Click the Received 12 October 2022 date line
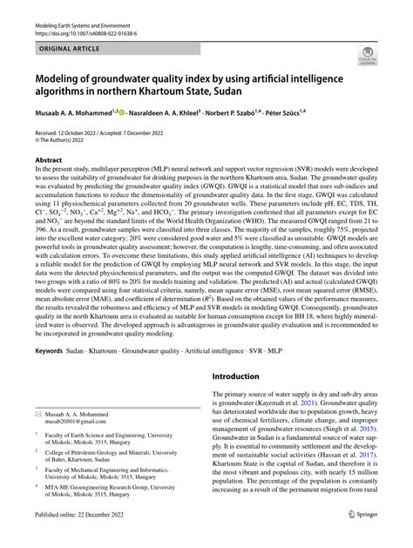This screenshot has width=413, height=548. pyautogui.click(x=97, y=153)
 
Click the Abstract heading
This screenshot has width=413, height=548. pyautogui.click(x=47, y=184)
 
